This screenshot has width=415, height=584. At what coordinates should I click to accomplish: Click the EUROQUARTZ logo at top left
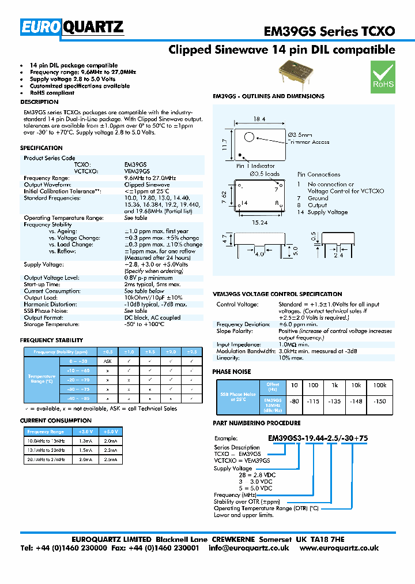click(x=72, y=27)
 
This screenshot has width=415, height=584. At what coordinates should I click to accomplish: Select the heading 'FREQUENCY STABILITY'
click(x=51, y=340)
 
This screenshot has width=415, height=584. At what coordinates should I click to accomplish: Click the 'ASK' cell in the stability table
click(x=107, y=361)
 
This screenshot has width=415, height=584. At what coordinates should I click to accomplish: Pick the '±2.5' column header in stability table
click(x=192, y=351)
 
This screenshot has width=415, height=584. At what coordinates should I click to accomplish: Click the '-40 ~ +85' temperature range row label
click(x=78, y=398)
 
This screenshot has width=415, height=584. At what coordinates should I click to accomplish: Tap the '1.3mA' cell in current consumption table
click(x=86, y=440)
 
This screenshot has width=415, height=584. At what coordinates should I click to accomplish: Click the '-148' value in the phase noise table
click(x=357, y=401)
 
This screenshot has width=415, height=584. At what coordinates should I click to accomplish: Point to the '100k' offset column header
click(x=379, y=384)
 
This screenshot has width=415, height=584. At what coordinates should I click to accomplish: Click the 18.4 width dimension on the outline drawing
click(x=259, y=119)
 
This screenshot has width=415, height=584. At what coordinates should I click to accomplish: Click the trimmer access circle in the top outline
click(x=248, y=137)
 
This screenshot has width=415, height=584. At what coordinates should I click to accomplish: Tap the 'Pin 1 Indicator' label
click(x=255, y=166)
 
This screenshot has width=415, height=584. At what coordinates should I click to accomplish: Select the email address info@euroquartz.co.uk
click(x=249, y=548)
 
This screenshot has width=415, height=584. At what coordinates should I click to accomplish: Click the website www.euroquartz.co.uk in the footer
click(x=339, y=548)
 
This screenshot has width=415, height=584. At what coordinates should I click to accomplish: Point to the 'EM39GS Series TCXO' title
click(x=329, y=31)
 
